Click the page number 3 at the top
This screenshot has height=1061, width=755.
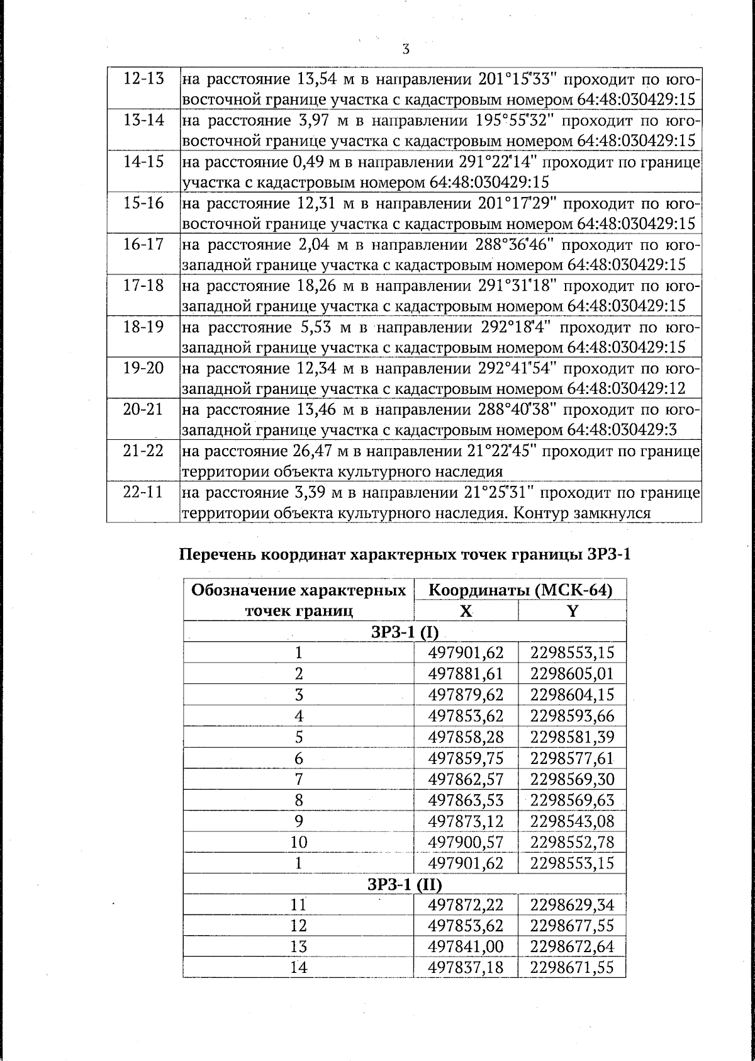click(x=406, y=49)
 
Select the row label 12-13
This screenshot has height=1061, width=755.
click(x=143, y=79)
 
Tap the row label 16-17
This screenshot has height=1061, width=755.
click(x=143, y=245)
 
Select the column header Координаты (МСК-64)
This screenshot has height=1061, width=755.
click(x=520, y=590)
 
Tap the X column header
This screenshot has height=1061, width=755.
click(x=466, y=611)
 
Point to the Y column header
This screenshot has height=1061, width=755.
click(x=572, y=611)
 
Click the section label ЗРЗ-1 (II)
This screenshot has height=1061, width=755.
click(x=405, y=884)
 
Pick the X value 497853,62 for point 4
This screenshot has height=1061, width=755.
click(x=466, y=716)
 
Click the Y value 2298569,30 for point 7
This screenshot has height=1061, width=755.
click(x=572, y=779)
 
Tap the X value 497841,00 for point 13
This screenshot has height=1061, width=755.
click(x=466, y=947)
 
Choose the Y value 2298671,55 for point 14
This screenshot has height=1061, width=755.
click(x=572, y=968)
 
